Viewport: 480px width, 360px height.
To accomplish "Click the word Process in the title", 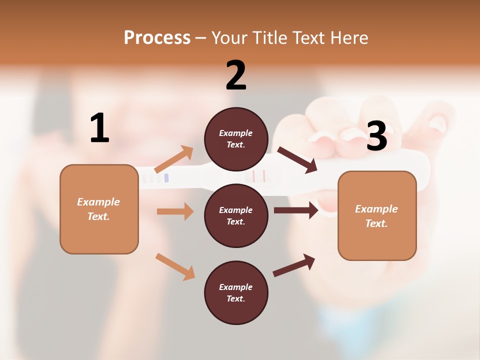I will (157, 37).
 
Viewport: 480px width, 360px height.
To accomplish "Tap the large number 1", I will (99, 128).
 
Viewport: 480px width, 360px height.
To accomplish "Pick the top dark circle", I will (236, 139).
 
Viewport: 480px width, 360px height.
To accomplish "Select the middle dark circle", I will (236, 215).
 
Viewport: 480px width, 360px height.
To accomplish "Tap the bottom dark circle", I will (236, 292).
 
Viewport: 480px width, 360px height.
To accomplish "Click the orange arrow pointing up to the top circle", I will (174, 159).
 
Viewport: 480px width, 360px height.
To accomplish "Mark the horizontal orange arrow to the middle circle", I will (175, 211).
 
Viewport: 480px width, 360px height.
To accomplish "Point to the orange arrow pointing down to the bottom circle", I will (175, 266).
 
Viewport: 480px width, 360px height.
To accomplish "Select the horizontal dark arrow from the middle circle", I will (296, 210).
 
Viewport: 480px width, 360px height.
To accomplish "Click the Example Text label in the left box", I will (98, 209).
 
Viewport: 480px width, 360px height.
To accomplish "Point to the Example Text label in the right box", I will (376, 216).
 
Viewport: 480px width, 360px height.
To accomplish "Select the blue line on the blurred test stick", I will (166, 178).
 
